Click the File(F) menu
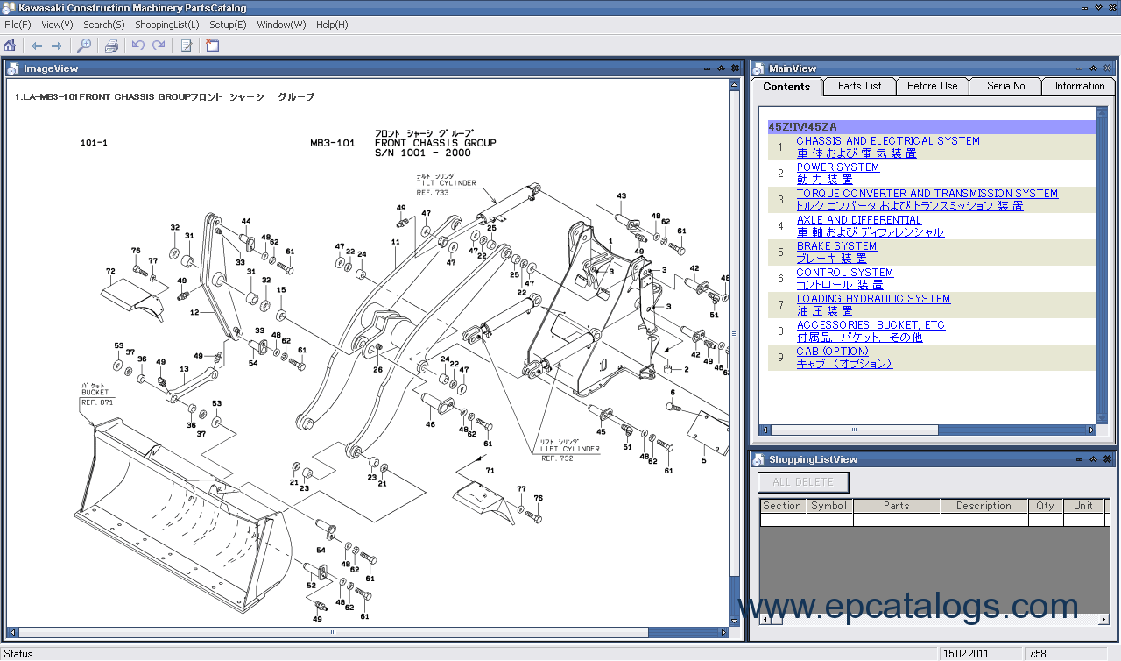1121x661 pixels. coord(18,25)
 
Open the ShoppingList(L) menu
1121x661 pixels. coord(166,25)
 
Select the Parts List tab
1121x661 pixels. coord(859,86)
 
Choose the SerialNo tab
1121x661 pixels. coord(1005,86)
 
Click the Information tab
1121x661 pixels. coord(1079,86)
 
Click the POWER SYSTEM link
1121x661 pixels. coord(837,167)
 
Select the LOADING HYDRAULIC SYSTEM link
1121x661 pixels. coord(873,299)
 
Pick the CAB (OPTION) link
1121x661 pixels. coord(832,352)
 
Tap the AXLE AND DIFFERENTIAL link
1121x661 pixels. coord(858,220)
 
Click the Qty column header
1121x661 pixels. coord(1046,506)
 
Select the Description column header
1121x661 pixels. coord(984,506)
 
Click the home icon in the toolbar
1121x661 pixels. coord(11,46)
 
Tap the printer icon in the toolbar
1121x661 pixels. coord(111,46)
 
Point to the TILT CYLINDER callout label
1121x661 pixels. coord(446,183)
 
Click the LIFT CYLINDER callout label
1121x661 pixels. coord(570,449)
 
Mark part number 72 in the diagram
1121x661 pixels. coord(110,272)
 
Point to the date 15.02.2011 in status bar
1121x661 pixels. coord(966,653)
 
